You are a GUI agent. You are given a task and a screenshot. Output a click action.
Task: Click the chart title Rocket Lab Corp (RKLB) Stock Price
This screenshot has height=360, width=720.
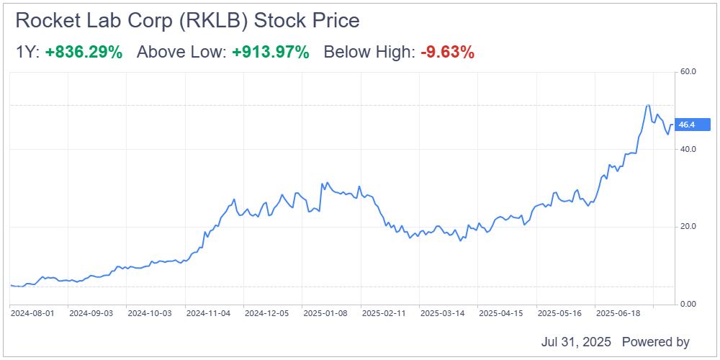coord(187,21)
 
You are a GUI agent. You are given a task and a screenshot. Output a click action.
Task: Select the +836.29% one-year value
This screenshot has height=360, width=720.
coord(84,53)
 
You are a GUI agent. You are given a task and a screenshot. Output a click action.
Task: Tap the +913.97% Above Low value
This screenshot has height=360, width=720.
coord(270,53)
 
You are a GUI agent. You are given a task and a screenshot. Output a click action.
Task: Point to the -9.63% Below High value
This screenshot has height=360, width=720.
coord(447,53)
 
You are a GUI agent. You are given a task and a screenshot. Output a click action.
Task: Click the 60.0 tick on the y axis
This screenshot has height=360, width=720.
coord(688,72)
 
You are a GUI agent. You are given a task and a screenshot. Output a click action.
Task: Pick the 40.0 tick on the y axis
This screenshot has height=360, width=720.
coord(688,149)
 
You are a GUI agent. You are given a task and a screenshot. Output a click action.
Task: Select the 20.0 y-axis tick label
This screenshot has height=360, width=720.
coord(688,227)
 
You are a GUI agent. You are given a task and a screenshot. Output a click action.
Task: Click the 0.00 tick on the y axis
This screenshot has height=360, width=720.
coord(688,305)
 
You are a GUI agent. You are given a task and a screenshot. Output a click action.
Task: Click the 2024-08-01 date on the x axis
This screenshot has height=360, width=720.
coord(31,314)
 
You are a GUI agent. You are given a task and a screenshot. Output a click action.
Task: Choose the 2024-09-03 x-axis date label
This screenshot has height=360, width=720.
coord(90,314)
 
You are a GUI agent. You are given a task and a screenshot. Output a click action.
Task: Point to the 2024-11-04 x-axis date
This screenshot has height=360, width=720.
coord(208,314)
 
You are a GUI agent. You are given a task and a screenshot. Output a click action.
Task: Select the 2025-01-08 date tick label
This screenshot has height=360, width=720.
coord(325,314)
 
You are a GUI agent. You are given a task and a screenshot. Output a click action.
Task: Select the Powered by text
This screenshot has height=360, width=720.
coord(655,342)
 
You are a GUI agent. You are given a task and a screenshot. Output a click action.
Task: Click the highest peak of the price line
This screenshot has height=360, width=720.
coord(648,105)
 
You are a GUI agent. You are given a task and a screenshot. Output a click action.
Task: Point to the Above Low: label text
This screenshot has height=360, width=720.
coord(181,53)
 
